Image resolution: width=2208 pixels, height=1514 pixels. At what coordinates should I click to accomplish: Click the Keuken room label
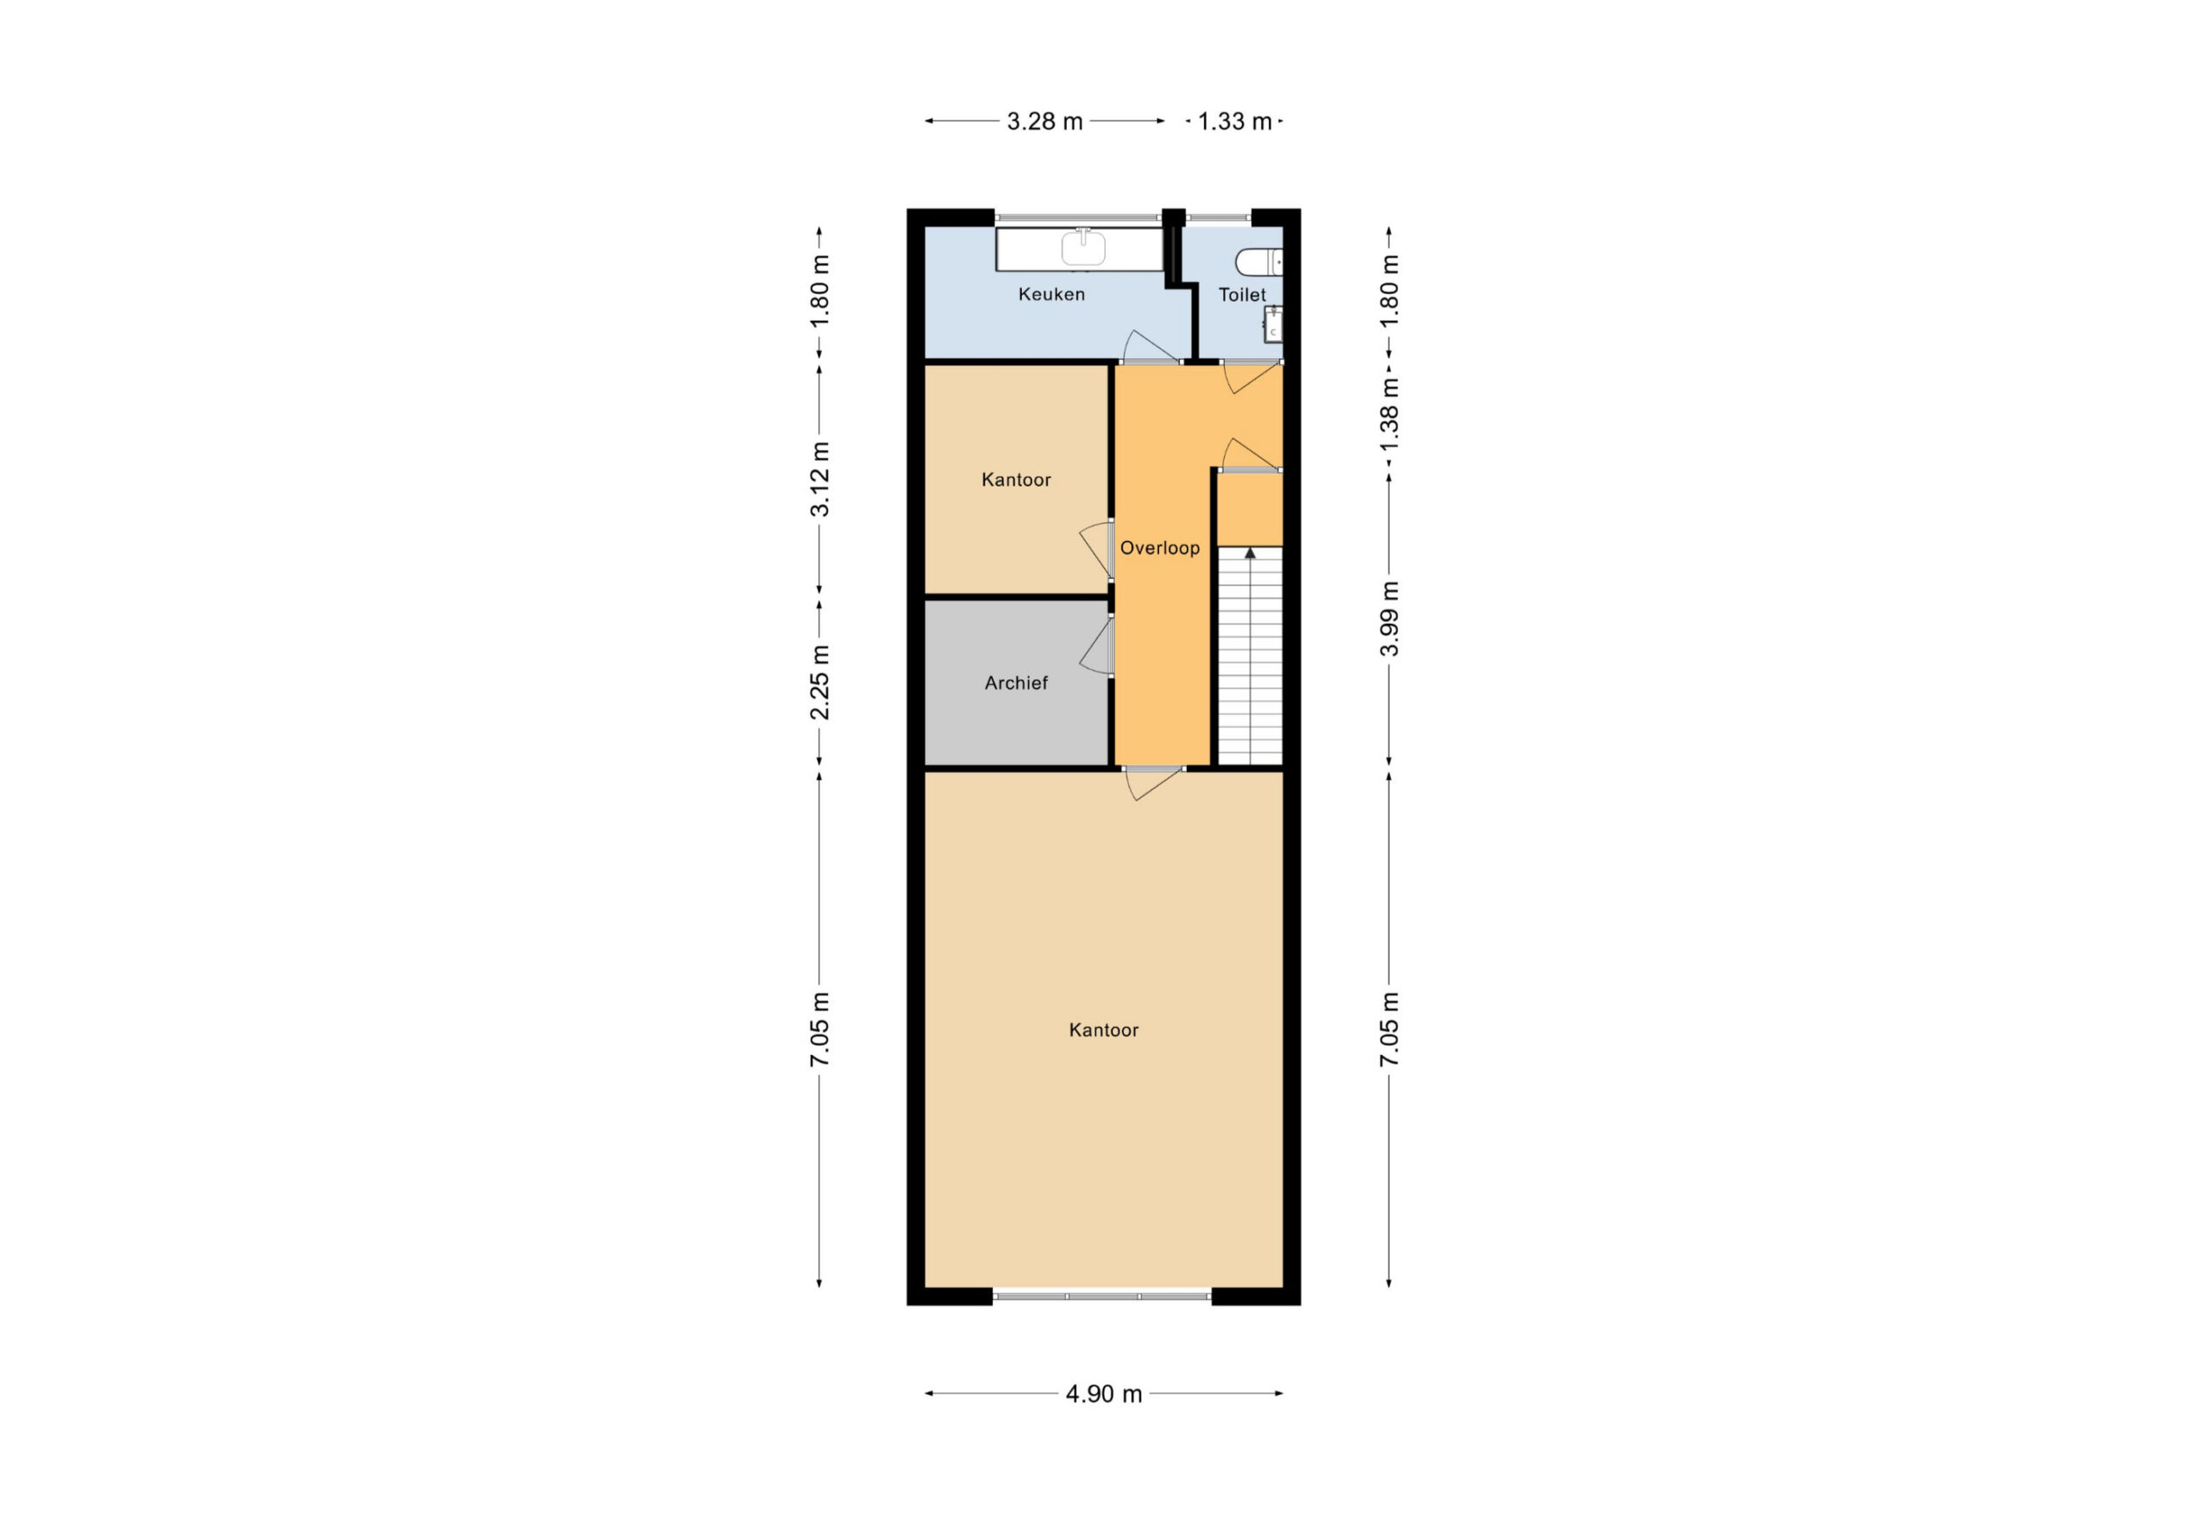(1051, 295)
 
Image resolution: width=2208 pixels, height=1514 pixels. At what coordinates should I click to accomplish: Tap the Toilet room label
(1242, 296)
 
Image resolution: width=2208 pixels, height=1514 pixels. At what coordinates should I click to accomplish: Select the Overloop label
(1159, 549)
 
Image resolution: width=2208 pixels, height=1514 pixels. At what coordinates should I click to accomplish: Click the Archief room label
(1016, 683)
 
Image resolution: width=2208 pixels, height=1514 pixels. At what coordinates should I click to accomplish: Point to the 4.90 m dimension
(1103, 1394)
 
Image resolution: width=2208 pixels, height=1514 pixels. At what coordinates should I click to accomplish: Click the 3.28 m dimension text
(1044, 122)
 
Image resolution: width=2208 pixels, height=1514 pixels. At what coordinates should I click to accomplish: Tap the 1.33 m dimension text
(1234, 122)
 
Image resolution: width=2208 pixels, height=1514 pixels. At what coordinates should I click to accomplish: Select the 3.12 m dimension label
(819, 479)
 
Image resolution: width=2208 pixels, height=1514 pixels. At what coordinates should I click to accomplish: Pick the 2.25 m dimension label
(819, 682)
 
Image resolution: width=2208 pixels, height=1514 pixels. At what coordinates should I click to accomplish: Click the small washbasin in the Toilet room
(1273, 324)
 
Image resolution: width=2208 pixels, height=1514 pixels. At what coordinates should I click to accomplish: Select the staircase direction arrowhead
(1251, 553)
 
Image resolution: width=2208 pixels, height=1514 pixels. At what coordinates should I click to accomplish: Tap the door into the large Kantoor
(1153, 783)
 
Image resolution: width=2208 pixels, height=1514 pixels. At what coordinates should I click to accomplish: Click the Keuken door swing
(1151, 347)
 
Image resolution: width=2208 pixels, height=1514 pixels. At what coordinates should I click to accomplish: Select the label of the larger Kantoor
(1103, 1030)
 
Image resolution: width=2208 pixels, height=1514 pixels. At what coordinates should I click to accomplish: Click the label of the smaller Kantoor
(1016, 480)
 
